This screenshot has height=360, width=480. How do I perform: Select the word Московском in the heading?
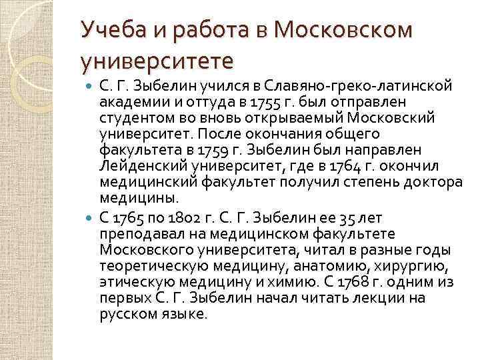343,31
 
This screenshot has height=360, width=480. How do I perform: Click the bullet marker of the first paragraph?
91,87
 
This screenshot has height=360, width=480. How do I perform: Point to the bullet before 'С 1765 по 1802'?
91,217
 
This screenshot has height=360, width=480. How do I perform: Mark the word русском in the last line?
125,314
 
